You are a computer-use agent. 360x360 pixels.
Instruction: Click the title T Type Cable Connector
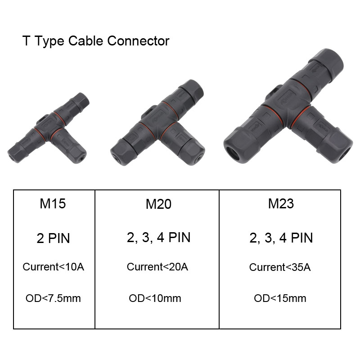pyautogui.click(x=96, y=41)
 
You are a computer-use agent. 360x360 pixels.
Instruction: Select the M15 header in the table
pyautogui.click(x=53, y=204)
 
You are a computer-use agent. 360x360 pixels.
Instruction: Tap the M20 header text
pyautogui.click(x=158, y=204)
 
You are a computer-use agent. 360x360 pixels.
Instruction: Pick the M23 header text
pyautogui.click(x=281, y=204)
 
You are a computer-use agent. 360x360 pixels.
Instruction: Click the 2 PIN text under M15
pyautogui.click(x=53, y=238)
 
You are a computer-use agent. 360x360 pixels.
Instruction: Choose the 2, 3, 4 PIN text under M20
pyautogui.click(x=158, y=238)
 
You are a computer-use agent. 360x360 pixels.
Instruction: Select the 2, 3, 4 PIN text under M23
pyautogui.click(x=281, y=238)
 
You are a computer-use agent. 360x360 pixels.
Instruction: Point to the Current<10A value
pyautogui.click(x=53, y=267)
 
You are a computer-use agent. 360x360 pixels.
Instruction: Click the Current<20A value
pyautogui.click(x=157, y=267)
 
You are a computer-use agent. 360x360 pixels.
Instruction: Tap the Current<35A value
pyautogui.click(x=280, y=267)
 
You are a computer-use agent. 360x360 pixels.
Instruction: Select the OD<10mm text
pyautogui.click(x=155, y=298)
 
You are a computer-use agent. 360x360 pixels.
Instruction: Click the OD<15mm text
pyautogui.click(x=280, y=298)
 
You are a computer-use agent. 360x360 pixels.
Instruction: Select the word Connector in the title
pyautogui.click(x=138, y=41)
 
